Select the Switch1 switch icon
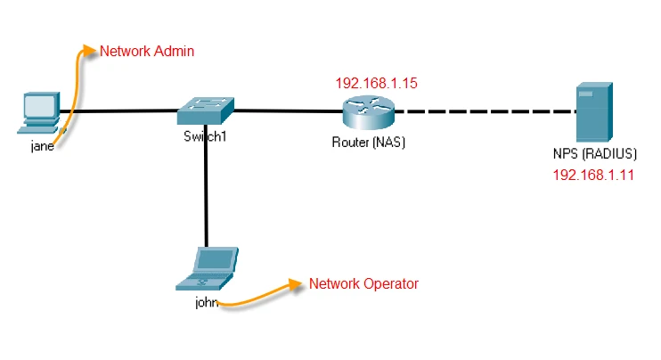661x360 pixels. pyautogui.click(x=205, y=110)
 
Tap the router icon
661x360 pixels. pyautogui.click(x=367, y=111)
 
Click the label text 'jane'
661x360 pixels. pyautogui.click(x=42, y=146)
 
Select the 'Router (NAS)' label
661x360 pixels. pyautogui.click(x=368, y=141)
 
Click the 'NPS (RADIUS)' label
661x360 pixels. pyautogui.click(x=594, y=152)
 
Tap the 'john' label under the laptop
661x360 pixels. pyautogui.click(x=207, y=302)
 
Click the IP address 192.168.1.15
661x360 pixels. pyautogui.click(x=376, y=83)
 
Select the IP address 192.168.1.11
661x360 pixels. pyautogui.click(x=593, y=175)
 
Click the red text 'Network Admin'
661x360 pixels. pyautogui.click(x=146, y=52)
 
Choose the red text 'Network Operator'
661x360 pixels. pyautogui.click(x=363, y=284)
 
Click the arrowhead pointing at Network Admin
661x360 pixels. pyautogui.click(x=90, y=49)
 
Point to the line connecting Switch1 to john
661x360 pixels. pyautogui.click(x=206, y=187)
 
